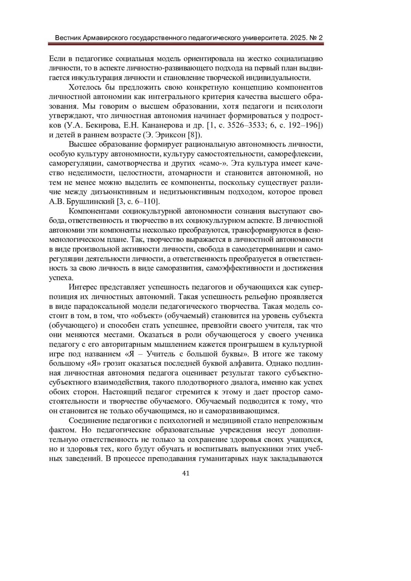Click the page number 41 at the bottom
coord(186,473)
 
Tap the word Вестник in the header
coord(68,38)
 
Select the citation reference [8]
coord(196,134)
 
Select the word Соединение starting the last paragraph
coord(88,420)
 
